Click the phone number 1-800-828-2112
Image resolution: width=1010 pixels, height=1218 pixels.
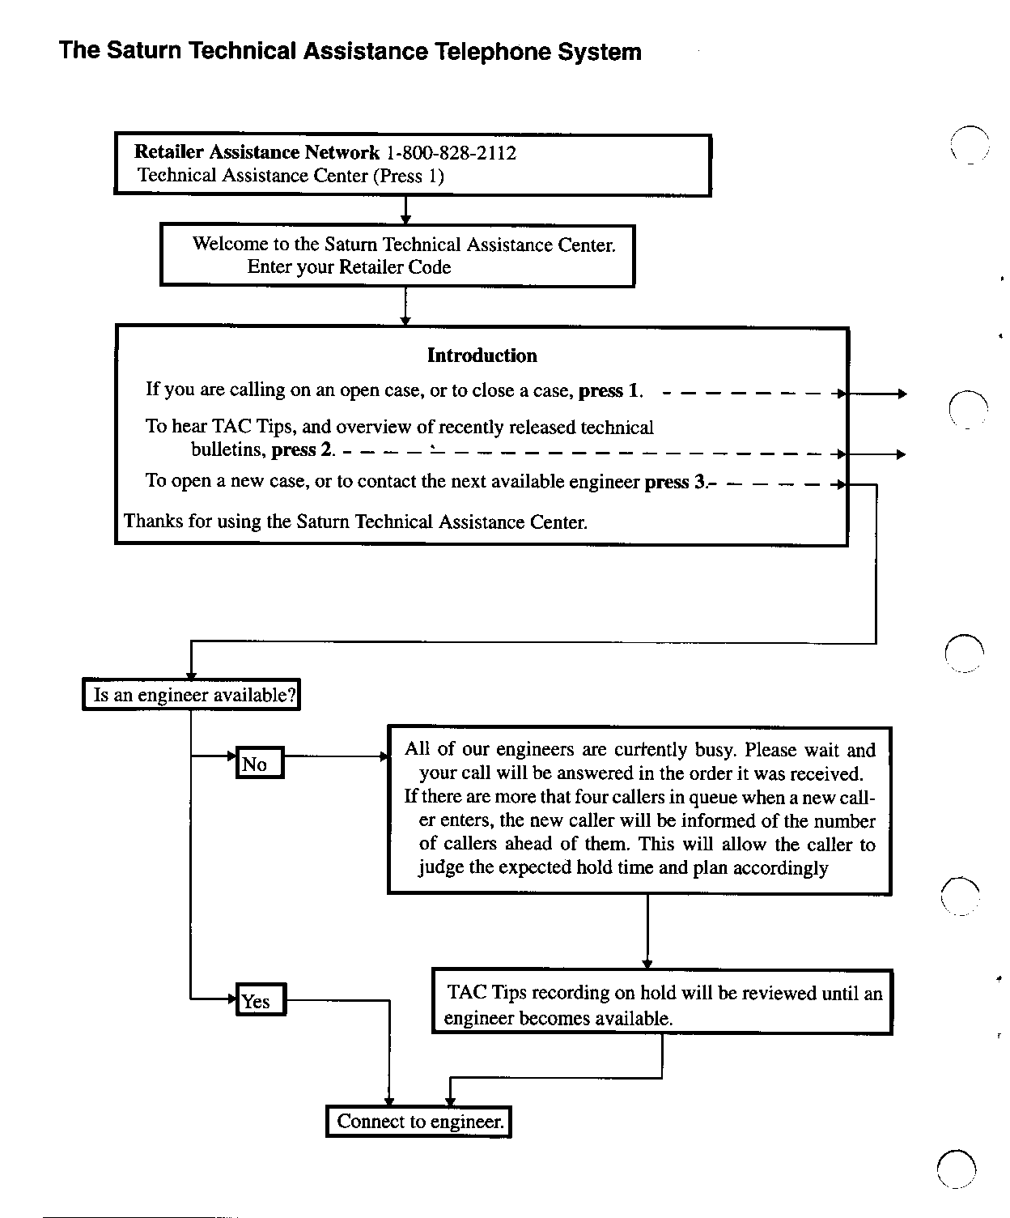point(452,152)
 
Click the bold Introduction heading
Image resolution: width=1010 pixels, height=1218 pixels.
point(482,356)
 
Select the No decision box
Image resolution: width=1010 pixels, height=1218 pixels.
point(260,763)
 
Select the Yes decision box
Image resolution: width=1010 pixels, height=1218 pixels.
point(261,1001)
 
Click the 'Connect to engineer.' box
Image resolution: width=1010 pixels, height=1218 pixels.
point(419,1122)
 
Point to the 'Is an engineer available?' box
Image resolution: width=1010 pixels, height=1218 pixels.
point(192,695)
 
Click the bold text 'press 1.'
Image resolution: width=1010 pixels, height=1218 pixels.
point(611,390)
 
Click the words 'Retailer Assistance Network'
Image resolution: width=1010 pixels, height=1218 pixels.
point(257,152)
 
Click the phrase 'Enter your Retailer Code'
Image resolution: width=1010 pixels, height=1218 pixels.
point(349,267)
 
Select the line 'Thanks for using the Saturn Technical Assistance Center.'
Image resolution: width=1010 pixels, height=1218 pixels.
point(356,522)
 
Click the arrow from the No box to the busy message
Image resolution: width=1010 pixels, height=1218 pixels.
point(337,757)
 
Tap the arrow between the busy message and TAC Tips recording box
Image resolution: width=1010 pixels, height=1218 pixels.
point(647,931)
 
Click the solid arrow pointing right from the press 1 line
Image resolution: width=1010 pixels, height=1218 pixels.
point(878,394)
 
